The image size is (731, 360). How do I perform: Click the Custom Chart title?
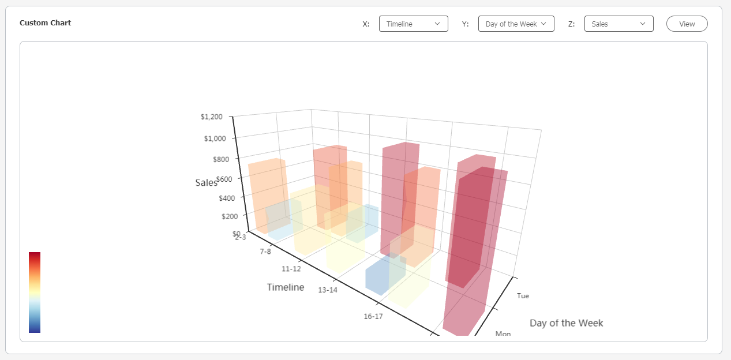pos(45,23)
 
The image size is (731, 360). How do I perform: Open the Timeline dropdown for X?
pos(413,24)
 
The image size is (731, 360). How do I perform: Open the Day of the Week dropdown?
pos(516,24)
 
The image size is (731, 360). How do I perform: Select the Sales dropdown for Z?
pos(618,24)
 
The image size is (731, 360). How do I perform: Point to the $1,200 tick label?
pos(211,117)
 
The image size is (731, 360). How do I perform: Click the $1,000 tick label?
pos(215,138)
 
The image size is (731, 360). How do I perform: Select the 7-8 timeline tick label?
pos(265,252)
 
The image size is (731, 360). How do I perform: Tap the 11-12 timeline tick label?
pos(291,269)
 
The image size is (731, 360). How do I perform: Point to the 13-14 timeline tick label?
pos(328,290)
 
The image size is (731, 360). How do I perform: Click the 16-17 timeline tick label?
pos(373,316)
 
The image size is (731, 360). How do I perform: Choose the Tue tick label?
pos(523,296)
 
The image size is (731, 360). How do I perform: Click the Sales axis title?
pos(206,183)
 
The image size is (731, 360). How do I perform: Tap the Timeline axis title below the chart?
pos(286,287)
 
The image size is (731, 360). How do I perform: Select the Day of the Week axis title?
pos(566,323)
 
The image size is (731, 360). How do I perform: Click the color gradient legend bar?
pos(35,292)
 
